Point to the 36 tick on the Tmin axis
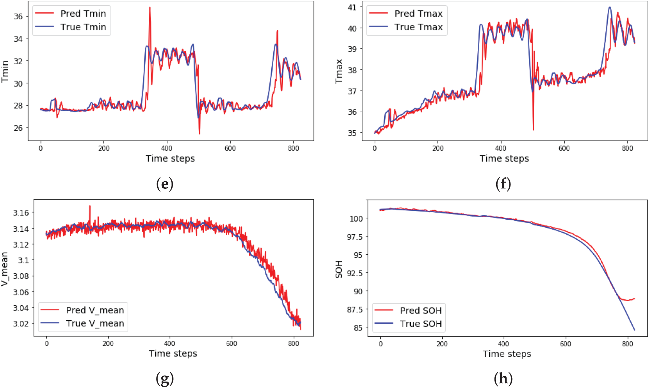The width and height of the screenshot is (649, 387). (x=18, y=16)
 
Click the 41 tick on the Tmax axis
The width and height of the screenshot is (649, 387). (x=352, y=7)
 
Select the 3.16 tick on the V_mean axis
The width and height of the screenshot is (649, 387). (x=21, y=213)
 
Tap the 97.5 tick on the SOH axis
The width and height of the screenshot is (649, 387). (x=355, y=237)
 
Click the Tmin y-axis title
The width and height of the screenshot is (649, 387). (x=5, y=71)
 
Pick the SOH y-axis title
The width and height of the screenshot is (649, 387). (x=339, y=269)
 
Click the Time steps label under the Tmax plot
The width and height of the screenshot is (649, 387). (x=504, y=158)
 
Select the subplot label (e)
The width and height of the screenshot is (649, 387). (x=165, y=184)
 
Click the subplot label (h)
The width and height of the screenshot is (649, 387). (x=503, y=378)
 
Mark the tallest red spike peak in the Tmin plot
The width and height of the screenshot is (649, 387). (x=150, y=7)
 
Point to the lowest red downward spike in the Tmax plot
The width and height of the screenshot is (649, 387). (x=533, y=130)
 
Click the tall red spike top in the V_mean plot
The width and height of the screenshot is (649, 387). (x=90, y=206)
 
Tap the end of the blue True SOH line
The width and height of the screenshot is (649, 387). (x=634, y=330)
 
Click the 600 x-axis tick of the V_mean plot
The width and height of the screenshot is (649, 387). (x=231, y=343)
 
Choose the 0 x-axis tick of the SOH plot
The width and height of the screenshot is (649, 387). (x=380, y=344)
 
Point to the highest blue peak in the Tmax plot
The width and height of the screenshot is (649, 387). (x=610, y=7)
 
